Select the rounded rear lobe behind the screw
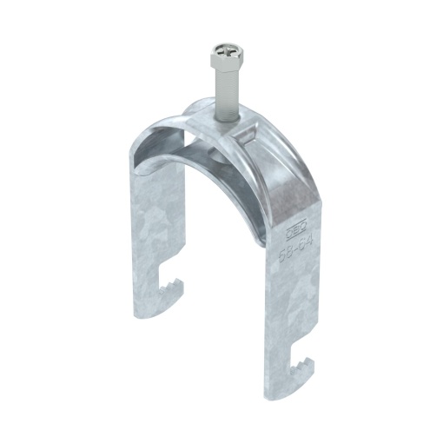(x=195, y=113)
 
